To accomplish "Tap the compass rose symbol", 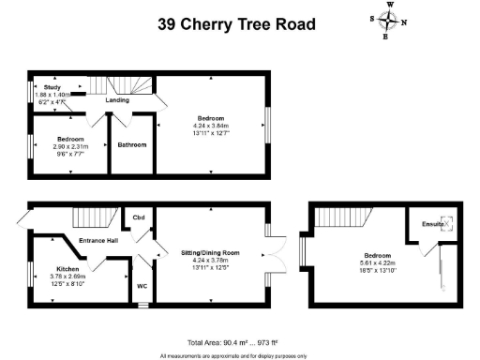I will (390, 20).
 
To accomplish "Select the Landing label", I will (117, 99).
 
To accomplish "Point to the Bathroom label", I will (129, 145).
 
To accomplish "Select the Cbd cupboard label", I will (138, 217).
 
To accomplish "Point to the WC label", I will (142, 285).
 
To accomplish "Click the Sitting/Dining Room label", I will (210, 253).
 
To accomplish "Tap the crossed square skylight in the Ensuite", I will (448, 223).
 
